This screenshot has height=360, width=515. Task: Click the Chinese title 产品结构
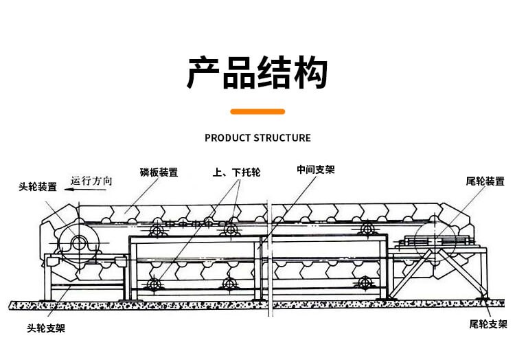257,73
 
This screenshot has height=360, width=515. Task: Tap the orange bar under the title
257,111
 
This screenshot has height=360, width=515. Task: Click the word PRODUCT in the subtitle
228,137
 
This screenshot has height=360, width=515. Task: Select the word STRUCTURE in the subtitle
282,137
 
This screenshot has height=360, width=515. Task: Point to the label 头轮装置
38,187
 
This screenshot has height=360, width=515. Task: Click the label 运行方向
91,181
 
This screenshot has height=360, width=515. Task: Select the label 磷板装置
159,172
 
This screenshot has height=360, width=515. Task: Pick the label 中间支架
316,169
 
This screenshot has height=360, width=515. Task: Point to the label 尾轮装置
485,181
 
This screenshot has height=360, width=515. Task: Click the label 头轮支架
47,329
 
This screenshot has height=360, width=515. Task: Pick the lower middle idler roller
229,284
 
